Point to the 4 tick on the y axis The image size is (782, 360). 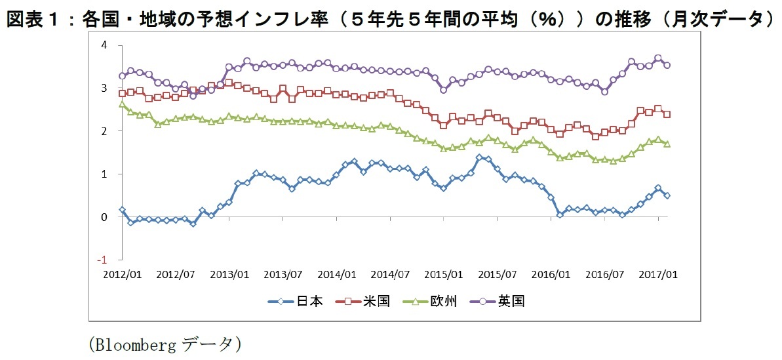[x=104, y=45]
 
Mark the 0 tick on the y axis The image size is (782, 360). [x=104, y=217]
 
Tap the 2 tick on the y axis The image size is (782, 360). [x=104, y=131]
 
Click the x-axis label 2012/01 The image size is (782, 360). [x=121, y=273]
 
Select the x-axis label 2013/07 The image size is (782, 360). [x=283, y=273]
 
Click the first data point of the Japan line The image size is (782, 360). [x=122, y=210]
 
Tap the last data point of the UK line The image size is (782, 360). [x=667, y=65]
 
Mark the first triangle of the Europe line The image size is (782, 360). [x=122, y=104]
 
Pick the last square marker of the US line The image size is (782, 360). [x=667, y=114]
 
